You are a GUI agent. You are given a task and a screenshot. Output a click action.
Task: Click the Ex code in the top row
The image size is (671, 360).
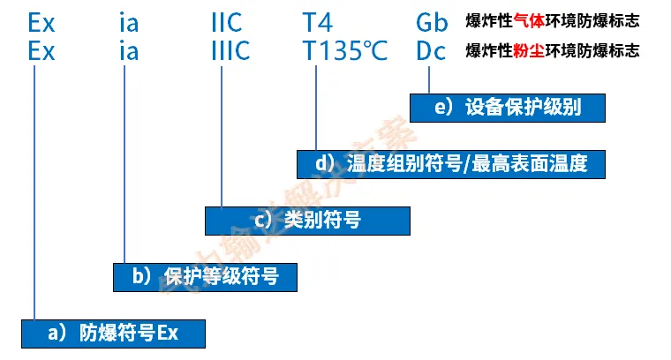click(41, 22)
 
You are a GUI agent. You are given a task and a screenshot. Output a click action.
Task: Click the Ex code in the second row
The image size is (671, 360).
click(41, 51)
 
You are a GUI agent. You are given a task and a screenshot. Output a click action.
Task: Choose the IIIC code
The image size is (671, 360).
click(231, 51)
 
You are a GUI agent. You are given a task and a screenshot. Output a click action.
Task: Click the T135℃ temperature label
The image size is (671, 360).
click(344, 51)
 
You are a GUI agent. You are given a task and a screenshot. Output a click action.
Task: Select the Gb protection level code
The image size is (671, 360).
click(433, 22)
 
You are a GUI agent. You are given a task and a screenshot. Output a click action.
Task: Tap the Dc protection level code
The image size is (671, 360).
click(432, 51)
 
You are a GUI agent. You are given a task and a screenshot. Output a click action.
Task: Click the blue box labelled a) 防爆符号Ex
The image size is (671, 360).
click(113, 333)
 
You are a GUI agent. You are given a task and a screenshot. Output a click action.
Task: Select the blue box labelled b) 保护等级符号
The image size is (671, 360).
click(205, 277)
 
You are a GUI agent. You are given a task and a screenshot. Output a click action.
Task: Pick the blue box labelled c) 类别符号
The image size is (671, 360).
click(307, 221)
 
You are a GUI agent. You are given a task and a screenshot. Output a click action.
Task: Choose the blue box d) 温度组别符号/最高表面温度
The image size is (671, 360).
click(453, 163)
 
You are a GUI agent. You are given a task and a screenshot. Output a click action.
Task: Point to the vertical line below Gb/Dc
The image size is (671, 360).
click(429, 79)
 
